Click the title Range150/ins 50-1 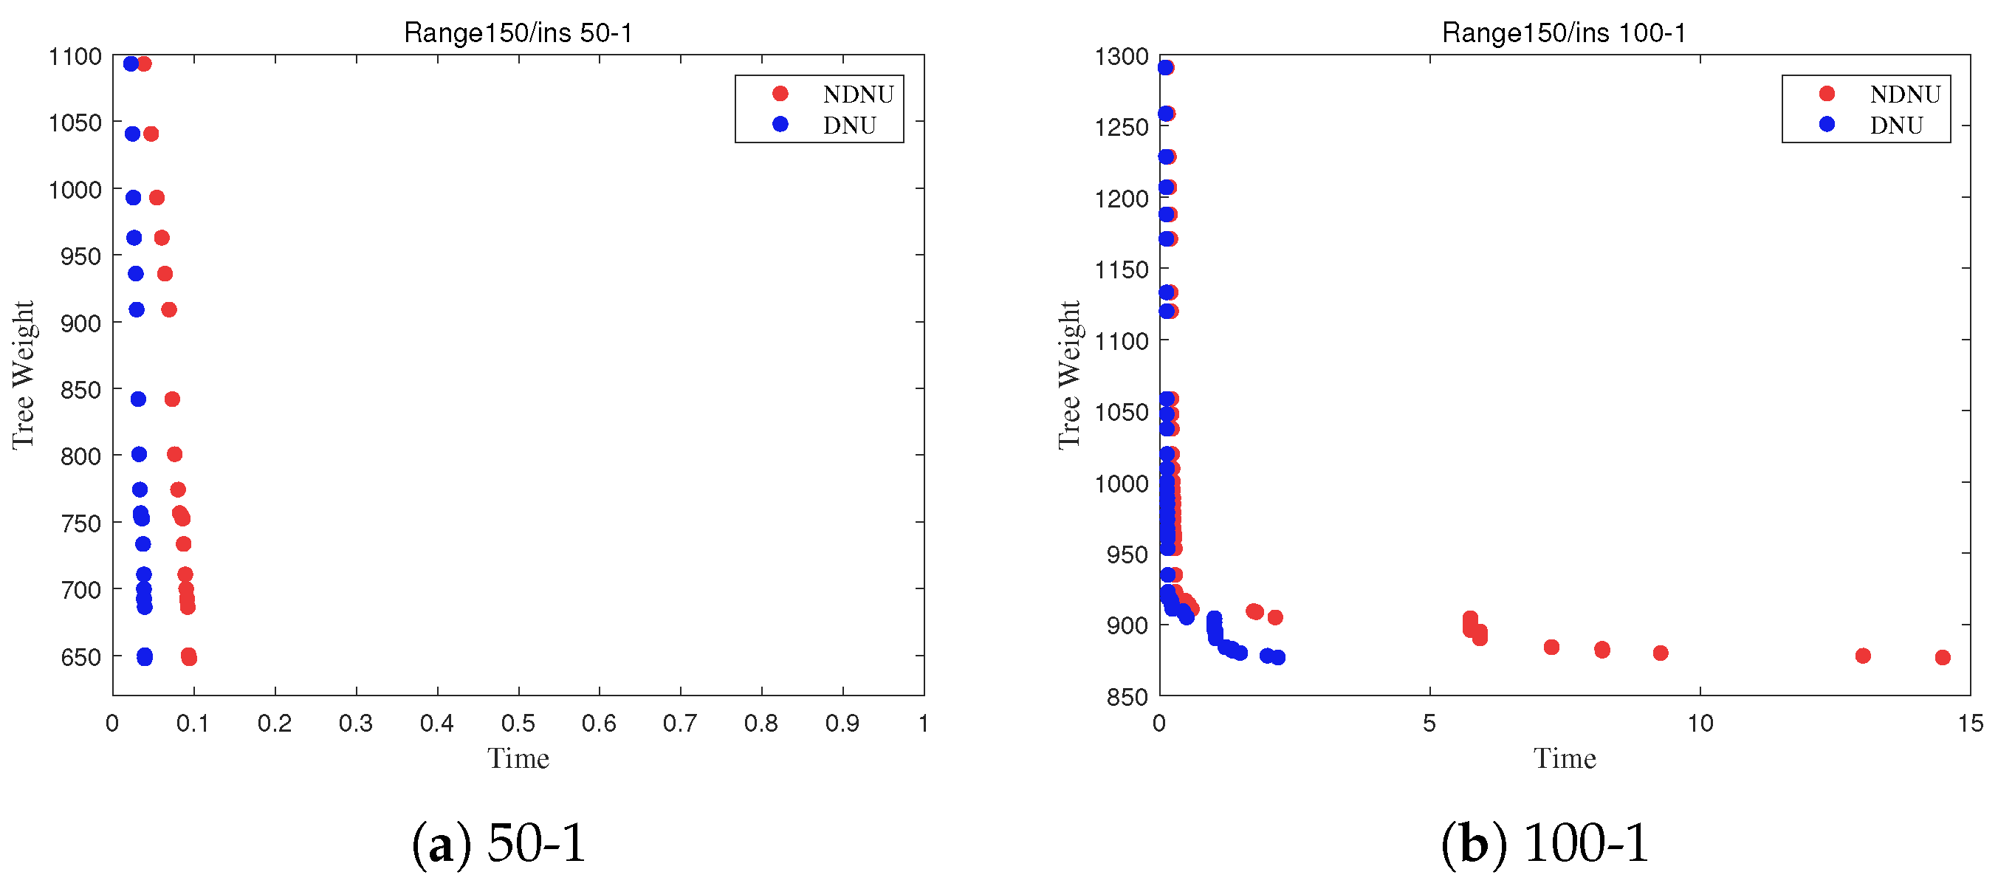(x=518, y=32)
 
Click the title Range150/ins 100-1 (x=1564, y=32)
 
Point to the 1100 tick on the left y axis (x=75, y=57)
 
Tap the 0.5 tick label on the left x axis (x=518, y=723)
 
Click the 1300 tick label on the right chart (x=1122, y=57)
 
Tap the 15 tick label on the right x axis (x=1970, y=723)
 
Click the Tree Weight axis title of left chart (x=24, y=375)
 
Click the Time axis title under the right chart (x=1565, y=758)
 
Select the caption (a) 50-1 (x=498, y=842)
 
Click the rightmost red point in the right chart (x=1942, y=657)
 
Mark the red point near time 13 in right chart (x=1863, y=656)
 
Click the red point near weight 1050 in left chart (x=151, y=134)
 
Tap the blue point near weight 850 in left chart (x=138, y=399)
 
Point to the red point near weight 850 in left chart (x=172, y=399)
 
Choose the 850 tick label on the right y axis (x=1127, y=697)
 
